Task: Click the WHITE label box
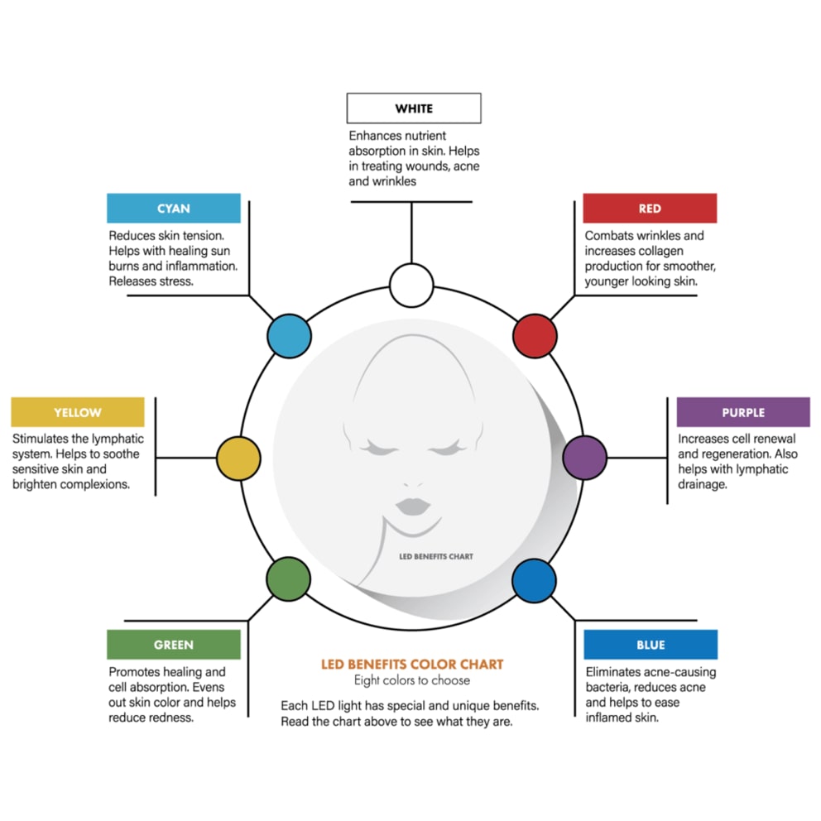[414, 108]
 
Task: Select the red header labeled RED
[650, 209]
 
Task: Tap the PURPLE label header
[743, 412]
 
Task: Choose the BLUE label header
[651, 645]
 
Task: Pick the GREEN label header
[174, 645]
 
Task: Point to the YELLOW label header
[78, 412]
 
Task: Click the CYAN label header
[174, 209]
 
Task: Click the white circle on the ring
[411, 286]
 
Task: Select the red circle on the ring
[535, 336]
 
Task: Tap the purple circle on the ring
[585, 458]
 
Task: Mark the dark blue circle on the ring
[534, 580]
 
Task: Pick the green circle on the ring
[289, 579]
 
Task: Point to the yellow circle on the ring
[238, 459]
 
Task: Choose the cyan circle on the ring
[289, 336]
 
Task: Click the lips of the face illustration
[413, 507]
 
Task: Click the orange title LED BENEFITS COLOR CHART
[412, 665]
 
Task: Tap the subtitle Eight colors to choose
[412, 680]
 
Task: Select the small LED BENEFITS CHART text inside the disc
[435, 557]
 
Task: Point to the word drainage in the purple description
[703, 484]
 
